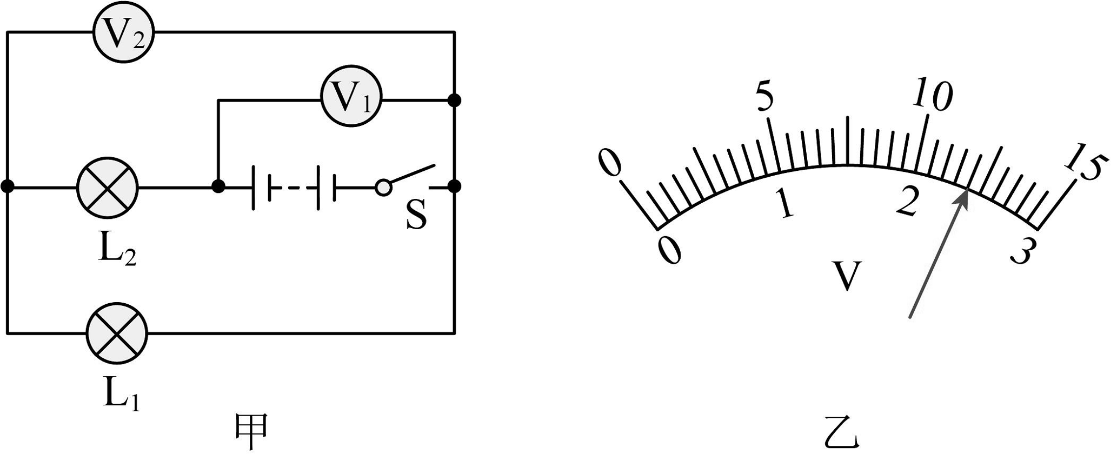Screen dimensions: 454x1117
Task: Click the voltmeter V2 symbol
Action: (x=124, y=34)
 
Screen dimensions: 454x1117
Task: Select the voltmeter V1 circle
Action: (x=351, y=100)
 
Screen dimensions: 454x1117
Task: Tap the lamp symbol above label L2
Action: (x=108, y=187)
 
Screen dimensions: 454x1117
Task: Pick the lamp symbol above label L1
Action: (x=117, y=331)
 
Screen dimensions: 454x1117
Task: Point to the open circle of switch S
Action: (x=383, y=187)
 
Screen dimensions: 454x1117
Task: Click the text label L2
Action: (x=117, y=252)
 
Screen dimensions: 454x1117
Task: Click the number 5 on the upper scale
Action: (x=763, y=98)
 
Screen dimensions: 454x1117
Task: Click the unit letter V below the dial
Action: (x=847, y=276)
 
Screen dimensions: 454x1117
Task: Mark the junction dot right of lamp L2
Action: (x=218, y=186)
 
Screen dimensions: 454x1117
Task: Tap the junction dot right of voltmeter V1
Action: (x=455, y=100)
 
